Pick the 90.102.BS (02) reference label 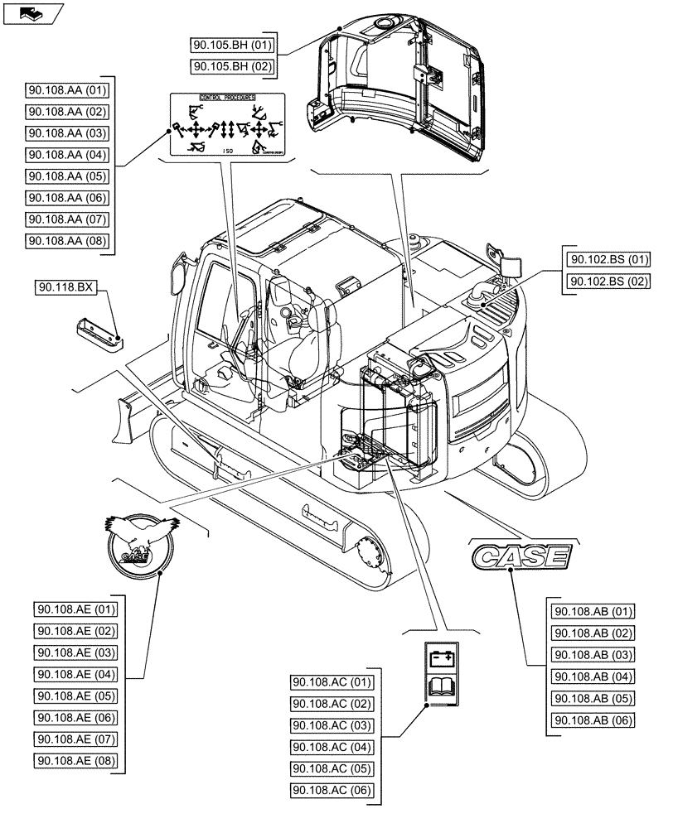coord(608,282)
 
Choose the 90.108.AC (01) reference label coord(332,682)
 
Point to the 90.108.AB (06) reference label coord(592,720)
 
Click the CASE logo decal coord(520,556)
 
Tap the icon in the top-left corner coord(32,13)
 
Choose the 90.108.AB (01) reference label coord(592,613)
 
